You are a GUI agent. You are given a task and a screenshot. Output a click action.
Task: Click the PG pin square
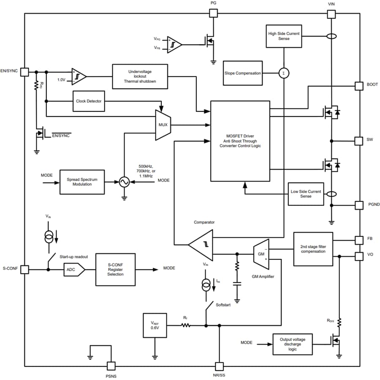[214, 14]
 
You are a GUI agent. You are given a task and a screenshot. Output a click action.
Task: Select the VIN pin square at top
[331, 14]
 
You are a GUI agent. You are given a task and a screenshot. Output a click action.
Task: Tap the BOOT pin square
[358, 86]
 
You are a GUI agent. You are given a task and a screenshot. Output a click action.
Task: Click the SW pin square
[358, 140]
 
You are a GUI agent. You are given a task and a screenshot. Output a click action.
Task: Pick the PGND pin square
[358, 205]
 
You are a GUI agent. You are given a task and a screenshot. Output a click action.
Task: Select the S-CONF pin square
[25, 269]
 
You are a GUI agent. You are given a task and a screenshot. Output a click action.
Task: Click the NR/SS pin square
[219, 366]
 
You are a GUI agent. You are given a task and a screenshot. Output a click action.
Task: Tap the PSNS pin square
[111, 366]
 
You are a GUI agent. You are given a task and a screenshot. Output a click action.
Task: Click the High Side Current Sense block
[284, 36]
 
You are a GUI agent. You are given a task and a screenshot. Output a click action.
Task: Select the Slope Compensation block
[242, 73]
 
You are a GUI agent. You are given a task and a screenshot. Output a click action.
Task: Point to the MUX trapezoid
[163, 125]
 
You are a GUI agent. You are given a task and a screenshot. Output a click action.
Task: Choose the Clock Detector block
[89, 101]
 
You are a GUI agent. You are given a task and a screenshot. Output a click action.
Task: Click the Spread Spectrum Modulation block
[82, 182]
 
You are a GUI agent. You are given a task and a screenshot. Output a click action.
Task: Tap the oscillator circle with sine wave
[124, 182]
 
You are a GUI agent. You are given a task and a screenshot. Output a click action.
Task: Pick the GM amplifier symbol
[261, 254]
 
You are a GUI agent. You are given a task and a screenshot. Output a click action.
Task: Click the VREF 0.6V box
[155, 326]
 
